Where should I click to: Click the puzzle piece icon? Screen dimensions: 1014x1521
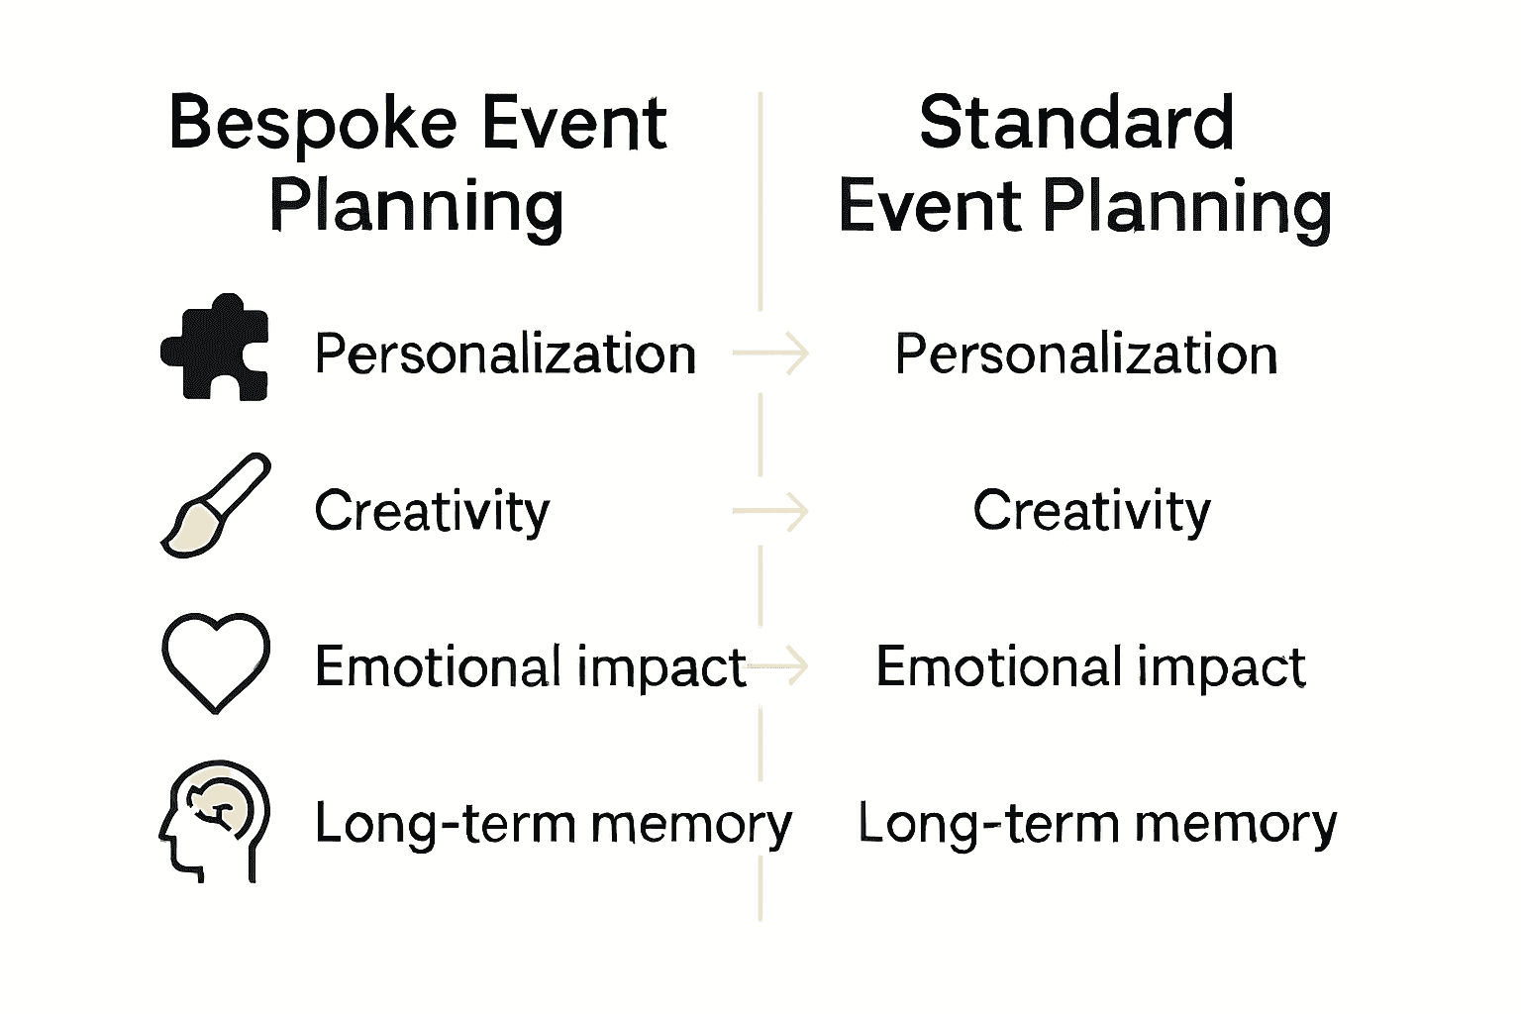click(215, 348)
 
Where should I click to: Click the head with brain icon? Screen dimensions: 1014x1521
click(215, 821)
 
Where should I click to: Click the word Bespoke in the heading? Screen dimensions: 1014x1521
click(313, 125)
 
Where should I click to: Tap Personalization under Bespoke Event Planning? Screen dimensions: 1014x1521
click(505, 355)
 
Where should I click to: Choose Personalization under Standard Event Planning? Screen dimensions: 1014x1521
click(1085, 355)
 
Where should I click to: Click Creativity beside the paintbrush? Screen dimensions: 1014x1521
click(432, 511)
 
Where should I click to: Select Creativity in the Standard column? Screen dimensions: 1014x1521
click(1091, 511)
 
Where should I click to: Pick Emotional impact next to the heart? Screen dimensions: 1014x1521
click(530, 666)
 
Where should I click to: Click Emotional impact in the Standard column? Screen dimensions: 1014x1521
click(1090, 666)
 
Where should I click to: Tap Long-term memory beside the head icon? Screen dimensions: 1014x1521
click(553, 824)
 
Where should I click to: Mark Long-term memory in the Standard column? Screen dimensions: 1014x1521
click(1096, 824)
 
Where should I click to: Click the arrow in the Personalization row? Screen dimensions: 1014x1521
click(771, 354)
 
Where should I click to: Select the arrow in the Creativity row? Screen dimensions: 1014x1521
click(771, 511)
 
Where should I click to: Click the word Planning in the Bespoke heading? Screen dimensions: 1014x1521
click(416, 208)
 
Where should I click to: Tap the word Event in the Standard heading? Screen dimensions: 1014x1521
click(930, 208)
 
